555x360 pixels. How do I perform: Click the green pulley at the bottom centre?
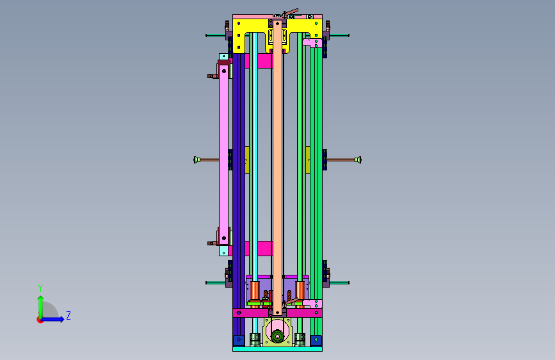[x=278, y=336]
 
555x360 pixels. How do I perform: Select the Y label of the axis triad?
[x=40, y=288]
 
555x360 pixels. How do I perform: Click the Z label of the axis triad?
[x=68, y=315]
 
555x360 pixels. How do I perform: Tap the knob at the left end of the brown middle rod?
[x=197, y=160]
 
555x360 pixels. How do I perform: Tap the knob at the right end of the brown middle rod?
[x=358, y=160]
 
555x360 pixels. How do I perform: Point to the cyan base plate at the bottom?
[x=278, y=349]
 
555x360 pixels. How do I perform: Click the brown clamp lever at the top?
[x=292, y=12]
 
